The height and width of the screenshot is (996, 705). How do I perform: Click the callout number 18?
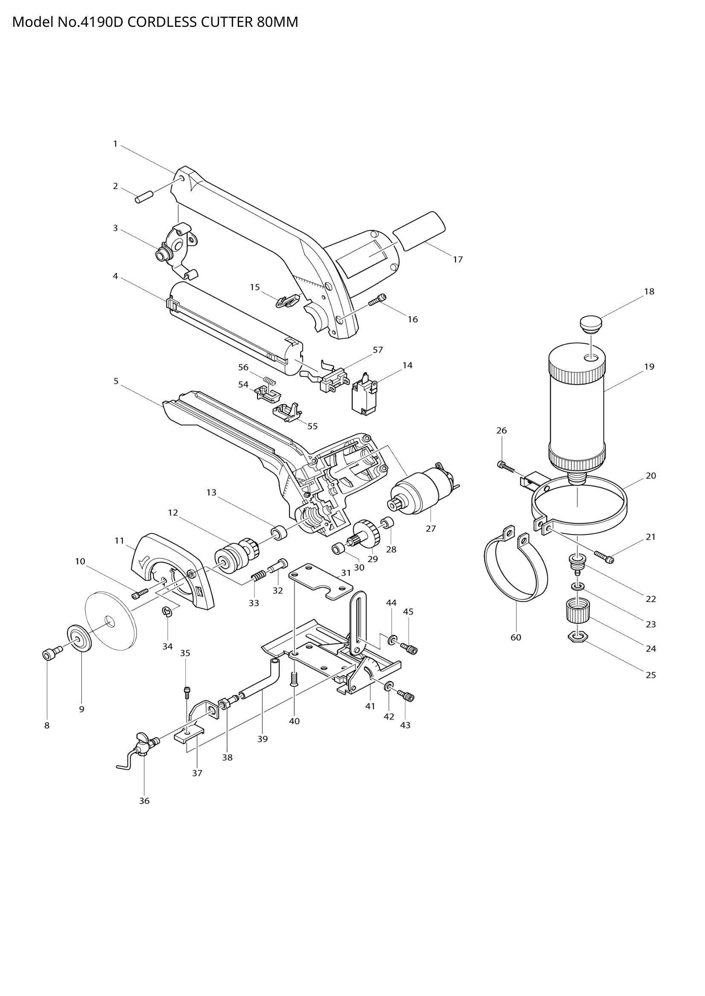pyautogui.click(x=649, y=292)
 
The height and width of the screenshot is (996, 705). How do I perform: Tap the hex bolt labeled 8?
pyautogui.click(x=48, y=654)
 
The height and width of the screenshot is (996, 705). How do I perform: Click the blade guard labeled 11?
pyautogui.click(x=173, y=564)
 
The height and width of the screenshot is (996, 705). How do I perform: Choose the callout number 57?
pyautogui.click(x=378, y=350)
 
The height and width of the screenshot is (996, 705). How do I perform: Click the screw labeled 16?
pyautogui.click(x=377, y=300)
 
